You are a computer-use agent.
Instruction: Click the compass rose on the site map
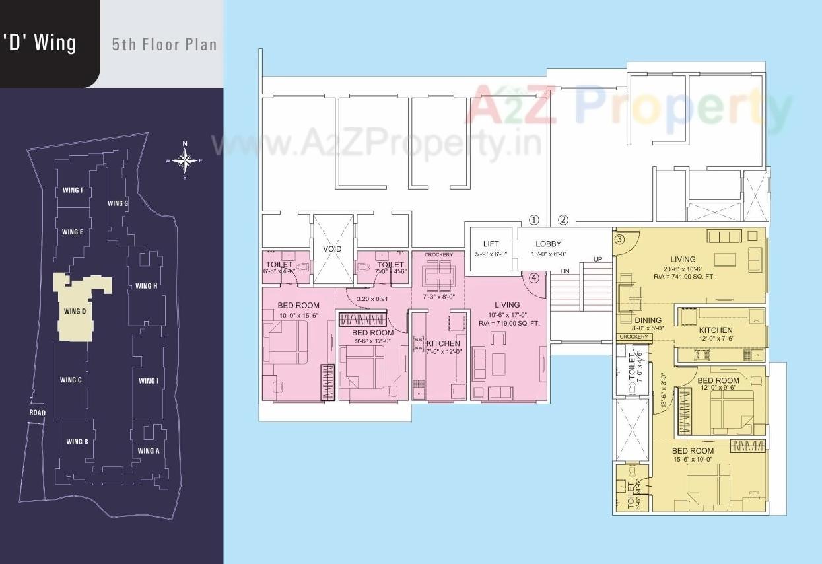[x=184, y=160]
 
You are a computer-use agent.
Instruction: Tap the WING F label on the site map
[x=73, y=191]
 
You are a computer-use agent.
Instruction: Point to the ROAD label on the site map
[x=38, y=413]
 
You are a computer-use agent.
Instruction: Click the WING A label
[x=148, y=451]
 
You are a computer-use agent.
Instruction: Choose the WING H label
[x=146, y=286]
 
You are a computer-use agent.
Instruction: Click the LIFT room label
[x=491, y=244]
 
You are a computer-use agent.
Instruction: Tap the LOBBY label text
[x=548, y=244]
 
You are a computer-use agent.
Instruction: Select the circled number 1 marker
[x=534, y=220]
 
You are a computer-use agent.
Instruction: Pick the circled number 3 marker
[x=619, y=240]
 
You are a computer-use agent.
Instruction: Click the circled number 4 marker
[x=534, y=278]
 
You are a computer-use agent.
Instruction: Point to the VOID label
[x=332, y=250]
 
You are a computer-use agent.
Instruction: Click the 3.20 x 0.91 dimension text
[x=372, y=298]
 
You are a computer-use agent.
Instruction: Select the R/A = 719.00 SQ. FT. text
[x=509, y=324]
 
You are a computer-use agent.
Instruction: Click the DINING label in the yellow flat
[x=648, y=320]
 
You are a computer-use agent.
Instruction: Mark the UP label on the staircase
[x=598, y=259]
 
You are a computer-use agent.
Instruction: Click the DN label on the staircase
[x=565, y=271]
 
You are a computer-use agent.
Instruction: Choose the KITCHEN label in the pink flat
[x=442, y=343]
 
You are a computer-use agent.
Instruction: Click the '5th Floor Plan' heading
[x=164, y=44]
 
